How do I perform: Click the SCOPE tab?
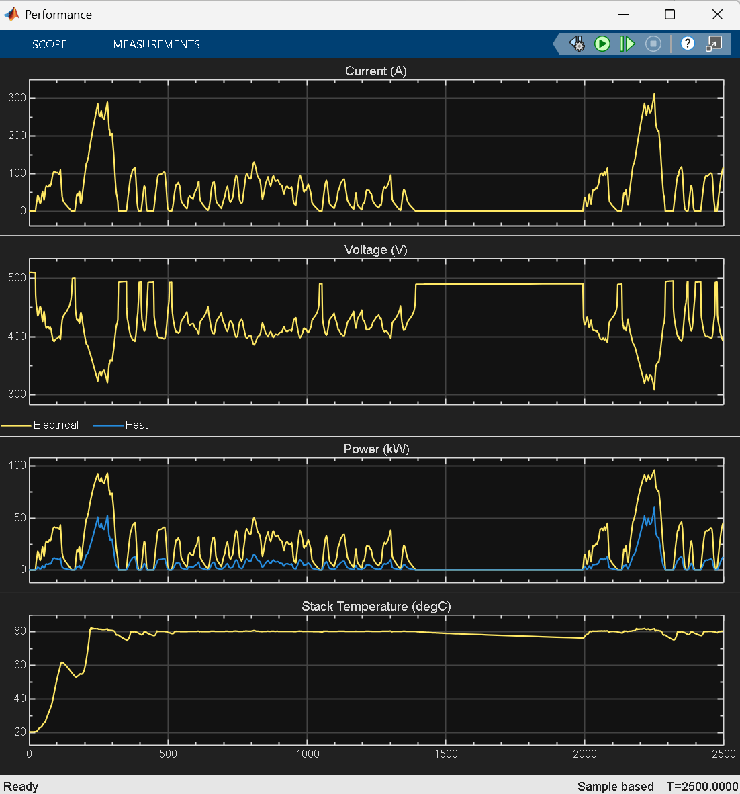50,44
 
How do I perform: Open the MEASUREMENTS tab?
156,44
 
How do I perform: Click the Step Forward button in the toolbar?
627,44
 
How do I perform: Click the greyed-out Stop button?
653,44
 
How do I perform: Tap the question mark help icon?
687,44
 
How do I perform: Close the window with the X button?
717,14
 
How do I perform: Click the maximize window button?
669,14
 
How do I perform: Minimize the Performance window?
624,14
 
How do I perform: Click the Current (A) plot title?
375,71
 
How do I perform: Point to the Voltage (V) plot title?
375,250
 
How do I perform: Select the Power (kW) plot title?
376,449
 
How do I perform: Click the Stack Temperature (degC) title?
376,606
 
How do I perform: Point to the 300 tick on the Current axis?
17,97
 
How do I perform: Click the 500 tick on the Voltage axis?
17,277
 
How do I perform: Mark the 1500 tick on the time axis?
445,754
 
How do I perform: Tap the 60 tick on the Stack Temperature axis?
19,664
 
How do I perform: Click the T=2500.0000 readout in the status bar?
702,786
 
